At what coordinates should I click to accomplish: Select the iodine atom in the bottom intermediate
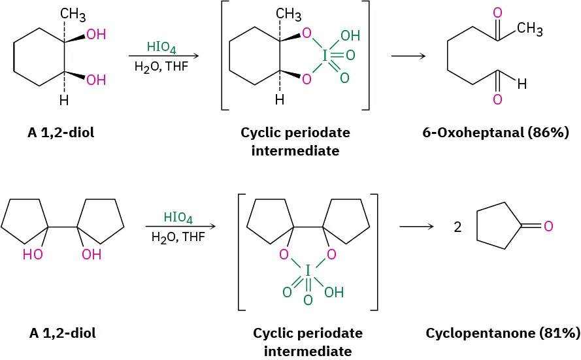point(308,269)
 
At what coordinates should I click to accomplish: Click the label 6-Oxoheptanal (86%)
point(495,133)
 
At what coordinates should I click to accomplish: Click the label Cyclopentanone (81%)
point(503,333)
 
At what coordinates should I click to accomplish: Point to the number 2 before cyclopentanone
point(457,227)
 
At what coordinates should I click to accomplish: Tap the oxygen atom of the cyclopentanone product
point(548,227)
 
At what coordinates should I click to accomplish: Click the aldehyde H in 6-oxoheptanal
point(521,84)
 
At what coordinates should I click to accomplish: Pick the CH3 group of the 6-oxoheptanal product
point(529,29)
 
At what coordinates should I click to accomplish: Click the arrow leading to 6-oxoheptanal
point(408,56)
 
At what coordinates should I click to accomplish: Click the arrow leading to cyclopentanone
point(417,227)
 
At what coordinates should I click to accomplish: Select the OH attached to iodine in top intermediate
point(350,35)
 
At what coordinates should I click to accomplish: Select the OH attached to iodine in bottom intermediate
point(333,292)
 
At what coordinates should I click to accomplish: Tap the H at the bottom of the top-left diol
point(63,101)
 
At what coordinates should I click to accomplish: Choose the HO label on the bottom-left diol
point(33,255)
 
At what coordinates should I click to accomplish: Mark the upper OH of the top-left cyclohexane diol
point(96,35)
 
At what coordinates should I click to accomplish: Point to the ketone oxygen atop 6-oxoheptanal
point(497,12)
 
